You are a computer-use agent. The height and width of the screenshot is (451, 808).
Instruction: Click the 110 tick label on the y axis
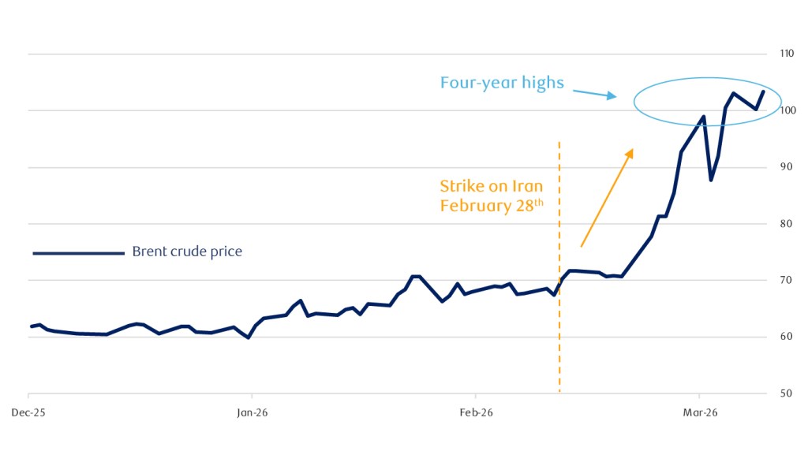point(786,54)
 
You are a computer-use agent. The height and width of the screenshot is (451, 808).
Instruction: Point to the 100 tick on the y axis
point(786,110)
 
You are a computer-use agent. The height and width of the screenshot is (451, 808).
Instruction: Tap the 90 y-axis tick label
point(785,167)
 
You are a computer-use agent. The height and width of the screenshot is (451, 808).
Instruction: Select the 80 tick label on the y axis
point(785,224)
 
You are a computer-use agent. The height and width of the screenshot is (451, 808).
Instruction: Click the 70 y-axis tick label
point(785,281)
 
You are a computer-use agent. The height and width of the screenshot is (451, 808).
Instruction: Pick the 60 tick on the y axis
point(785,337)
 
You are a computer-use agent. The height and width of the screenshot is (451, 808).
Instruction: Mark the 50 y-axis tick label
point(785,393)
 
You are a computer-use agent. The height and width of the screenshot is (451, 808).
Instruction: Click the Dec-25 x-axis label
point(28,412)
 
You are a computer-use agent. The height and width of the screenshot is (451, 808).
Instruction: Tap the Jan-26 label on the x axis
point(251,412)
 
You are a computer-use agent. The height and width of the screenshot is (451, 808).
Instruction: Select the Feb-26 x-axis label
point(475,412)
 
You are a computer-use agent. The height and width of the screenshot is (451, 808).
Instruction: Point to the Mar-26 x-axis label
point(699,412)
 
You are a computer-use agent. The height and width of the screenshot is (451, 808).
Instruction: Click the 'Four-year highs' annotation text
point(502,82)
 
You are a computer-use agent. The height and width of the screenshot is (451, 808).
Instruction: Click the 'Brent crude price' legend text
point(187,252)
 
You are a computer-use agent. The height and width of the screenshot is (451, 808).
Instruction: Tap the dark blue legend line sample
point(78,253)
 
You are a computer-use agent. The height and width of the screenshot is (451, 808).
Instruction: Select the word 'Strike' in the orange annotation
point(458,187)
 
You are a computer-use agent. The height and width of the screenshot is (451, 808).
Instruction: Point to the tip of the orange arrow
point(633,148)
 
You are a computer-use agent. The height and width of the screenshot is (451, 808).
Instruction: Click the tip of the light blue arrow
point(615,97)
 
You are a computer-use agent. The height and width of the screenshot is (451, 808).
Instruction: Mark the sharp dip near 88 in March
point(711,181)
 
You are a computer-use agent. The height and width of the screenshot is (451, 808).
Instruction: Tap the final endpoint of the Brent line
point(763,91)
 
